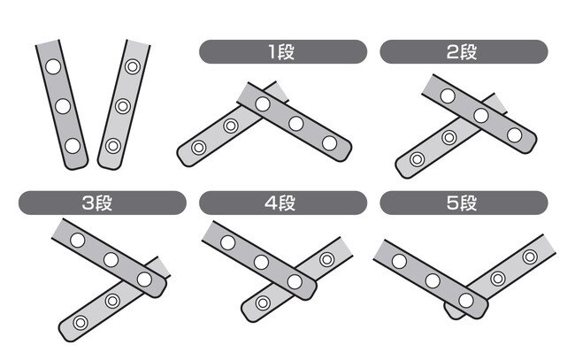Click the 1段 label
pos(281,51)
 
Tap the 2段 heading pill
pos(464,51)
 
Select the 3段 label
pos(96,203)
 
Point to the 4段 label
pos(280,203)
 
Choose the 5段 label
pos(462,203)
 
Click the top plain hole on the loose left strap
pos(53,66)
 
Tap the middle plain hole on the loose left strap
pos(63,106)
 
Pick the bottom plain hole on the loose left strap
pos(73,146)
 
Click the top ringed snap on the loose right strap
pos(133,66)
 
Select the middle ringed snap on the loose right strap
pos(123,106)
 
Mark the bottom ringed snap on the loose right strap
pos(113,146)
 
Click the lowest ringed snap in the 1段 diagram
pos(198,148)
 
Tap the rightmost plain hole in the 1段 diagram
pos(329,143)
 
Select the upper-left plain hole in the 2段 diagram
pos(448,96)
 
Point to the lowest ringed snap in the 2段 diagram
pos(417,159)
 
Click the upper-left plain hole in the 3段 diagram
pos(77,240)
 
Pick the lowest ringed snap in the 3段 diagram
pos(80,323)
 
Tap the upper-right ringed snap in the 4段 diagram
pos(326,259)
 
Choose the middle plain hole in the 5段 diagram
pos(433,280)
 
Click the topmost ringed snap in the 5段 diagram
pos(530,257)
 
